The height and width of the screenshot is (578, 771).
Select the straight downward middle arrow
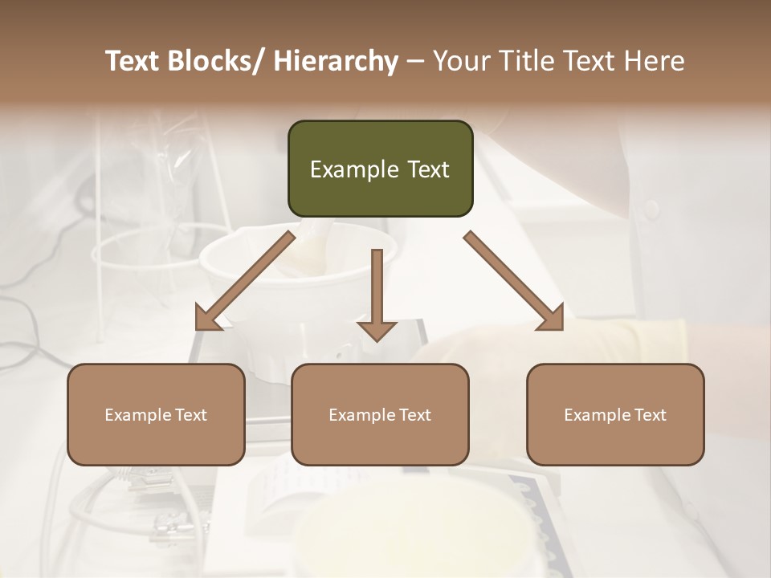[x=377, y=289]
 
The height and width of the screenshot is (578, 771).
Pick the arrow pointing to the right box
[x=514, y=281]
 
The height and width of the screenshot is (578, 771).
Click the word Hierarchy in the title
[x=336, y=61]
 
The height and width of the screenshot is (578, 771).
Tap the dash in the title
[x=415, y=61]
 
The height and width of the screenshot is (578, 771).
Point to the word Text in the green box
[x=427, y=169]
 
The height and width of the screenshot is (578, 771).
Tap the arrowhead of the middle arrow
[x=377, y=330]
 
